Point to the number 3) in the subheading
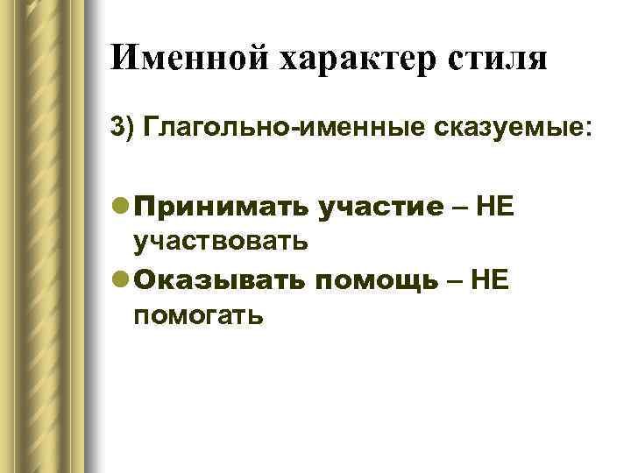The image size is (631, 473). click(x=124, y=128)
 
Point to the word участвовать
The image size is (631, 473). click(x=219, y=238)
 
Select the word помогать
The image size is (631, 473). click(x=198, y=311)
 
